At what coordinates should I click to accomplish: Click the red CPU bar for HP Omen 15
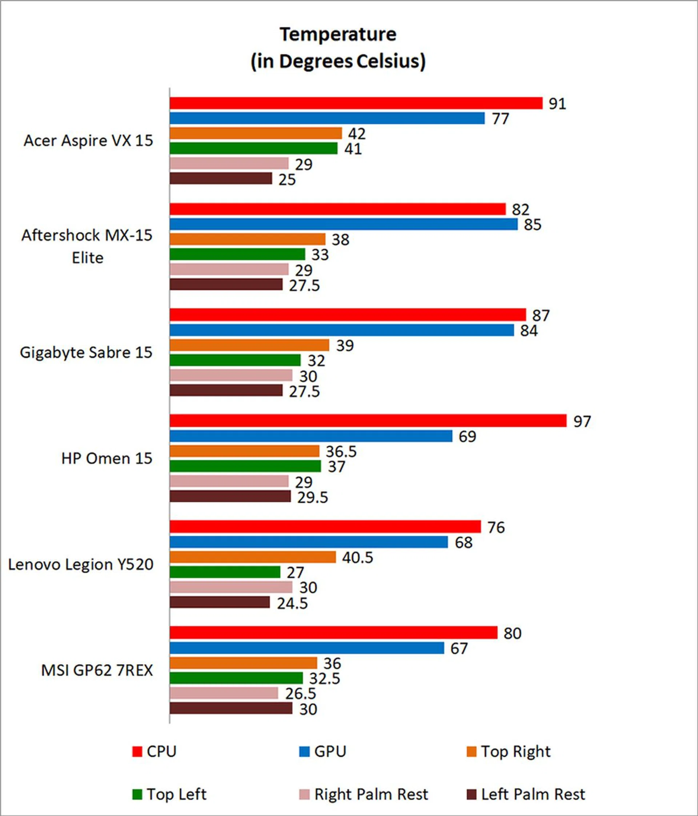click(x=368, y=421)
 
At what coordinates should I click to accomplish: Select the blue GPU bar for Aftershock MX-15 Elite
click(x=344, y=224)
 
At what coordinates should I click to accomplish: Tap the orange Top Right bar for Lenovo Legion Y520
click(x=253, y=557)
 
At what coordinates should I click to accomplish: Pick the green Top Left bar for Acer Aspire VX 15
click(x=253, y=148)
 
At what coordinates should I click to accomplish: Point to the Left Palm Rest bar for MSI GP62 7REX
click(x=231, y=708)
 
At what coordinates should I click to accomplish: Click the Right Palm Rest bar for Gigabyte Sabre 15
click(x=231, y=375)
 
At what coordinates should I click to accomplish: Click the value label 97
click(x=582, y=421)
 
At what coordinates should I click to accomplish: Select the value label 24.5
click(x=292, y=603)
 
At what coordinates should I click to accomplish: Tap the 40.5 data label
click(x=357, y=557)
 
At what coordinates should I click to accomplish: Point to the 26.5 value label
click(x=301, y=693)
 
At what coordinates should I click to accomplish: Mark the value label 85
click(x=532, y=224)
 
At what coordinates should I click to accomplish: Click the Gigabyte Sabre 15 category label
click(x=86, y=353)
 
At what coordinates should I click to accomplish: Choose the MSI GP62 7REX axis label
click(x=97, y=670)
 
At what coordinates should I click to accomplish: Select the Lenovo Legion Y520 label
click(x=81, y=564)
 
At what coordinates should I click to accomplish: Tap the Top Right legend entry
click(x=508, y=751)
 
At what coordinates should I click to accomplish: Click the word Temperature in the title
click(x=338, y=34)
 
